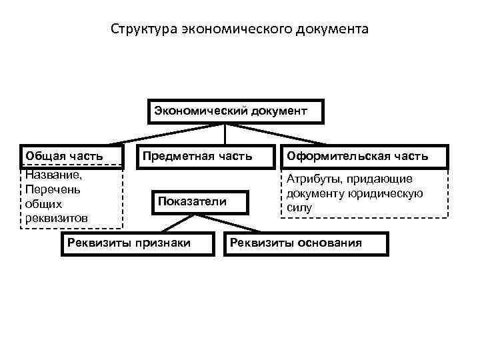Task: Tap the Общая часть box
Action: (x=73, y=157)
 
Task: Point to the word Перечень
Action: (x=51, y=190)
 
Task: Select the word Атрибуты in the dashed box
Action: (x=311, y=179)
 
